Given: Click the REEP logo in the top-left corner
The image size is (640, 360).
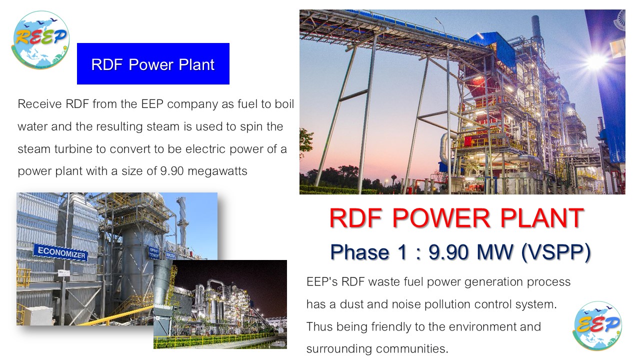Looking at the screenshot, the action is pos(41,39).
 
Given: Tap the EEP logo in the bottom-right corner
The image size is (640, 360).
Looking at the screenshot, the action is pos(597,325).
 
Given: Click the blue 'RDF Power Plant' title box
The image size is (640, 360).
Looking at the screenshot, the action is pos(153,63).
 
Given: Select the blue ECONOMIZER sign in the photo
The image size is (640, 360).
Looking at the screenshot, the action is pos(60,252).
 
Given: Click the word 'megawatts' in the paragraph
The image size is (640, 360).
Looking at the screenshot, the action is pos(217,171).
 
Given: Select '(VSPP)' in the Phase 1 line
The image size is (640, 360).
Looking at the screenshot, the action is pos(556,252).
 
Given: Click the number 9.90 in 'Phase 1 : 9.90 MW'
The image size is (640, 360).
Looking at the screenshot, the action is pos(449,252).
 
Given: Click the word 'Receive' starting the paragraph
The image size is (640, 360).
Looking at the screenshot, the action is pos(39,104).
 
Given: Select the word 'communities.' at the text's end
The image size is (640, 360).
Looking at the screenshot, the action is pos(411,349).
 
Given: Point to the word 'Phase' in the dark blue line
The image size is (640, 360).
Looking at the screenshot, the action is pos(359,252).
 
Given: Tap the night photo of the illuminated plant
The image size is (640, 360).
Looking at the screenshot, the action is pos(220,304).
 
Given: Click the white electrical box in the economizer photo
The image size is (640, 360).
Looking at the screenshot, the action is pos(37,315).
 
